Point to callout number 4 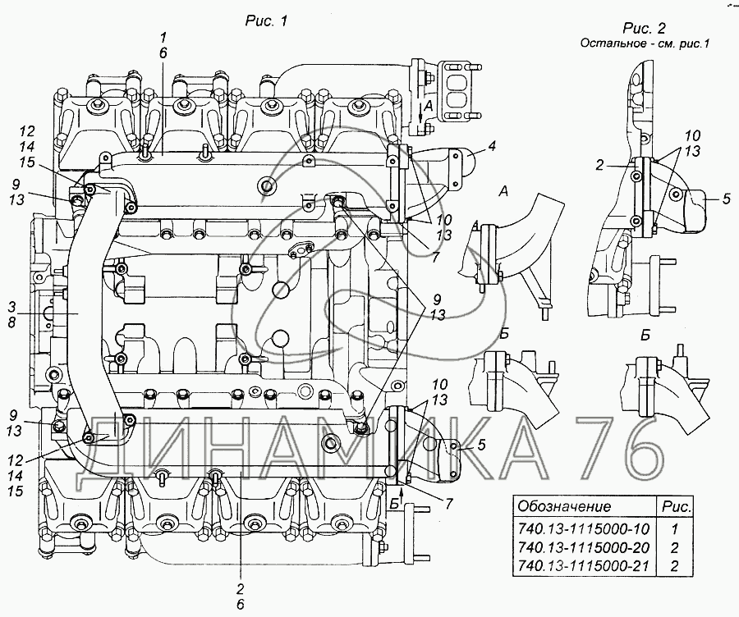pos(492,147)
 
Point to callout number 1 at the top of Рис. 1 pos(163,37)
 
